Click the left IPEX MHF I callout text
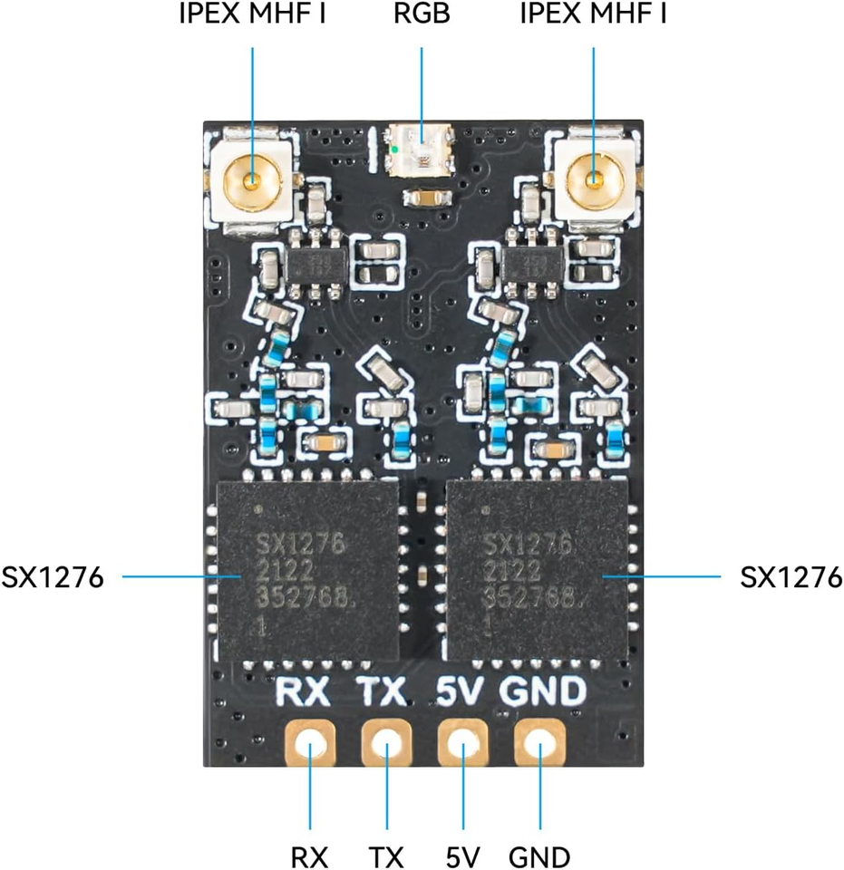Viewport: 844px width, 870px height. point(252,14)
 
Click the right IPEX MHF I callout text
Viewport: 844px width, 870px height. point(593,14)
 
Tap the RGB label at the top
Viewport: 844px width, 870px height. point(422,14)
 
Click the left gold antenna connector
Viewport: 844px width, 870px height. point(253,180)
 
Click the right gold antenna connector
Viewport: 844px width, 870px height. point(595,179)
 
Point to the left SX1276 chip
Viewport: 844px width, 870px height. point(307,571)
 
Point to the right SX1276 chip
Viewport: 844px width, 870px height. point(538,571)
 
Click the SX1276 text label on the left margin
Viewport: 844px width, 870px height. point(53,577)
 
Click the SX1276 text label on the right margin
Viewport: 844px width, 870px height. point(791,577)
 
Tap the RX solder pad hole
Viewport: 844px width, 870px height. point(310,743)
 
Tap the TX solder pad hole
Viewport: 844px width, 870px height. point(387,743)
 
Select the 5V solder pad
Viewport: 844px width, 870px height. point(463,743)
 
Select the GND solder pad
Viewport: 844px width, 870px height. point(540,743)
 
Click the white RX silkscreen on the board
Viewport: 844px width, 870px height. point(303,691)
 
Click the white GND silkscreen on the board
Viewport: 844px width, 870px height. point(543,691)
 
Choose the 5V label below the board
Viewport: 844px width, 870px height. point(462,857)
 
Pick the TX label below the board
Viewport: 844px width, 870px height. point(386,857)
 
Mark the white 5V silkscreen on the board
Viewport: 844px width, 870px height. point(459,691)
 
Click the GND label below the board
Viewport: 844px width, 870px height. point(539,857)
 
